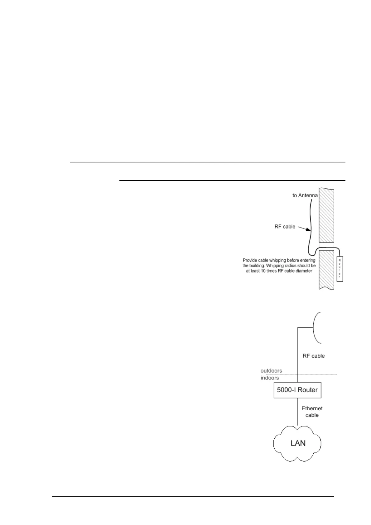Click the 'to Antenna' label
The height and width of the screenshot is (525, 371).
pyautogui.click(x=305, y=195)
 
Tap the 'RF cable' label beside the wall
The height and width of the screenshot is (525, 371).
pyautogui.click(x=285, y=227)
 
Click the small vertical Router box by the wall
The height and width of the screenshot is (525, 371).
pyautogui.click(x=340, y=269)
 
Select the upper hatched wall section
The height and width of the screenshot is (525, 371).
pyautogui.click(x=326, y=215)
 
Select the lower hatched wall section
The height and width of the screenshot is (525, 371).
pyautogui.click(x=326, y=270)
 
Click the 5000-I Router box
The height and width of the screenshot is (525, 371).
pyautogui.click(x=297, y=390)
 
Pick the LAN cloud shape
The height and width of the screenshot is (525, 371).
pyautogui.click(x=297, y=443)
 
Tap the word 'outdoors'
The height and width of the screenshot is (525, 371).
pyautogui.click(x=271, y=371)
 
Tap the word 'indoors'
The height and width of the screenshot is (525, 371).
pyautogui.click(x=270, y=378)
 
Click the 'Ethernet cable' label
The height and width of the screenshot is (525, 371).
pyautogui.click(x=312, y=412)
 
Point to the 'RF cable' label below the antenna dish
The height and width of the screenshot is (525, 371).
pyautogui.click(x=313, y=356)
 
